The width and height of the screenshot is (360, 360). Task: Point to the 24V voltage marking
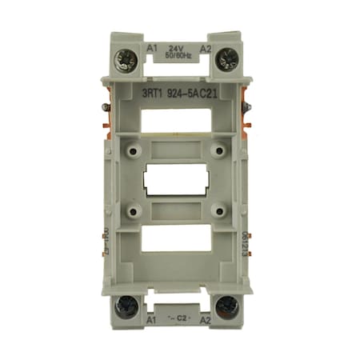(178, 48)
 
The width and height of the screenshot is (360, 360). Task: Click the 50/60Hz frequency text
(178, 56)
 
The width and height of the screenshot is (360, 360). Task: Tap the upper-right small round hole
(218, 150)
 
